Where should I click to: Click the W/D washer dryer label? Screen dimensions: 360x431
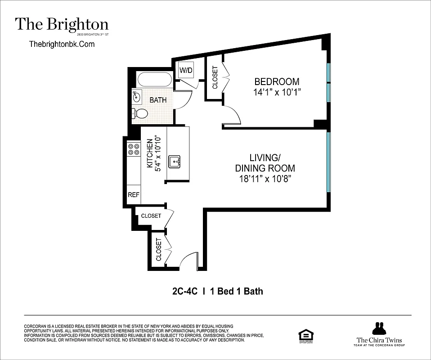(x=186, y=70)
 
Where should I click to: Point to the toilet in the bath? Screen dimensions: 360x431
(x=140, y=113)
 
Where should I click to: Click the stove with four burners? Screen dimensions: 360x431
(x=133, y=149)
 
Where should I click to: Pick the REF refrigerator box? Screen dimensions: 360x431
(x=134, y=195)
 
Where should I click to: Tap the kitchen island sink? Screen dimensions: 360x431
(x=175, y=161)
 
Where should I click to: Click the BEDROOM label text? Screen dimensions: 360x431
(x=277, y=81)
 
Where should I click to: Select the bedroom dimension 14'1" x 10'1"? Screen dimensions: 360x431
(x=277, y=92)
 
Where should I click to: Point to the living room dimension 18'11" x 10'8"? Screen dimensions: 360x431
(x=265, y=179)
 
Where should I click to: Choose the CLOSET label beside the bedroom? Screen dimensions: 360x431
(x=215, y=77)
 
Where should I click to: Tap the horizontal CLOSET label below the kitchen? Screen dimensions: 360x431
(x=151, y=216)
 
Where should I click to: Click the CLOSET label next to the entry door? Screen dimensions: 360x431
(x=159, y=250)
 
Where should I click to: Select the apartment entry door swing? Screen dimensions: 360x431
(x=188, y=261)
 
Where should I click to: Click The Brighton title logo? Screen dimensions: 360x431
(x=62, y=24)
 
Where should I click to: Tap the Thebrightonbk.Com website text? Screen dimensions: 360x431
(x=62, y=44)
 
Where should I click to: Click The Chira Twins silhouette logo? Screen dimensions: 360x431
(x=377, y=328)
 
